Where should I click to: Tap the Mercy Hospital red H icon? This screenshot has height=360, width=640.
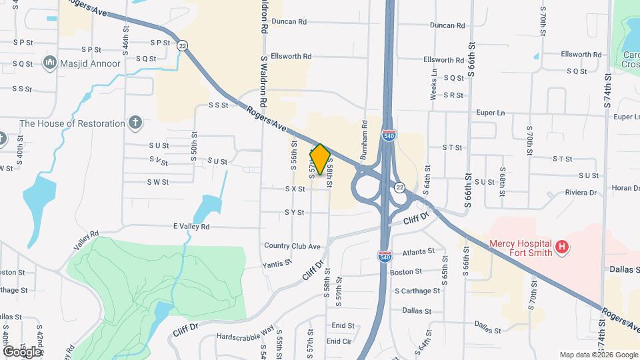click(x=563, y=248)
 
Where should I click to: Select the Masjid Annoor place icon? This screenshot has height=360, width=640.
click(x=49, y=63)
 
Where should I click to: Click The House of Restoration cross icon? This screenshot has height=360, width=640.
click(x=135, y=123)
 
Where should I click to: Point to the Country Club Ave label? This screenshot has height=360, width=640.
click(x=293, y=246)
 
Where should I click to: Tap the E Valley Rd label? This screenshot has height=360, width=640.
click(x=191, y=227)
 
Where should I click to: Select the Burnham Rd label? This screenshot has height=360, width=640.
click(x=365, y=133)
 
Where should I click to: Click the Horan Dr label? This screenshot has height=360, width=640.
click(x=625, y=188)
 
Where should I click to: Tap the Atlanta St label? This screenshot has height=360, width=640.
click(x=419, y=252)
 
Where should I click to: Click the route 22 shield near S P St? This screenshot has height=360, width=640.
click(x=182, y=45)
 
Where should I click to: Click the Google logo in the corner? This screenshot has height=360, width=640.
click(x=22, y=351)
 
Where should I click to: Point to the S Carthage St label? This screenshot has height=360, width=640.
click(x=417, y=291)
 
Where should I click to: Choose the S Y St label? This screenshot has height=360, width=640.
click(x=294, y=213)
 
